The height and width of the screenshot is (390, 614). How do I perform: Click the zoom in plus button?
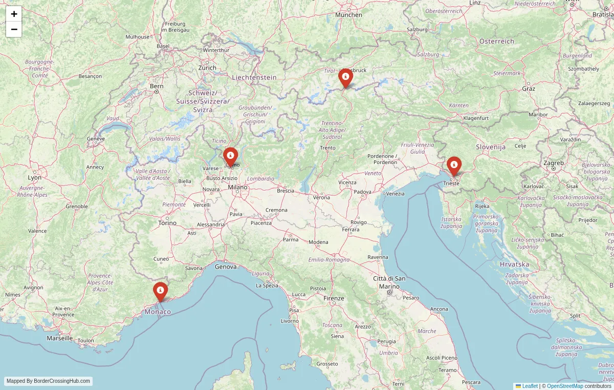14,14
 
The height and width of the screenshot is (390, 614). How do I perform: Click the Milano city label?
237,187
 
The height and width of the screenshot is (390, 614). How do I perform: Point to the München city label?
348,15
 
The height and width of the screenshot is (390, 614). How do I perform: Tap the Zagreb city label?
554,163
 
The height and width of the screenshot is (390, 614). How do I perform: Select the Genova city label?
226,266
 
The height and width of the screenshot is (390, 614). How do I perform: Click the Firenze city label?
334,298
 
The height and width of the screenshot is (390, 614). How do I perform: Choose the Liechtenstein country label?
254,77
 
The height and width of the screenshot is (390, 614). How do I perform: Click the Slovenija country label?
491,147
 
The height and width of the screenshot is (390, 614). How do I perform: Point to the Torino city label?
167,223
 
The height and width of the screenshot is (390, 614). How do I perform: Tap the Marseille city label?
59,338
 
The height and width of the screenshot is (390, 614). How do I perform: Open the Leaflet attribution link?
530,386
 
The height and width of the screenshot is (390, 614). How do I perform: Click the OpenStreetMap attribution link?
565,386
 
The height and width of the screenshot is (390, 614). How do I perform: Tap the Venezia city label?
395,194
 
